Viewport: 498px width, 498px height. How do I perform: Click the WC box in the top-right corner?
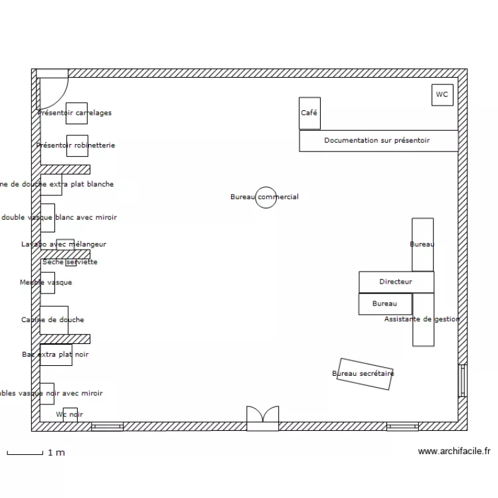[442, 95]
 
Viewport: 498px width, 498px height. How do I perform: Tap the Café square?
[309, 114]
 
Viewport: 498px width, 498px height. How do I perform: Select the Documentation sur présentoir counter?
[378, 141]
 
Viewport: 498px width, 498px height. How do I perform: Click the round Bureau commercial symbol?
[266, 197]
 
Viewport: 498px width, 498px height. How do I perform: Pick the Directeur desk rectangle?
[396, 282]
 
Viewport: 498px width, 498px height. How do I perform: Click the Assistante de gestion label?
[422, 319]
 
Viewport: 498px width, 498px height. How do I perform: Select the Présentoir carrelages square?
[76, 113]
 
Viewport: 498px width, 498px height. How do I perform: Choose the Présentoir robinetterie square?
[76, 145]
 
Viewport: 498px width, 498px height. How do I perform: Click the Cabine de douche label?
[53, 320]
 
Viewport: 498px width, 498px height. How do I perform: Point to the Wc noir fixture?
[70, 414]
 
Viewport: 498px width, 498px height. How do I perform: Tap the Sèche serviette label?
[70, 262]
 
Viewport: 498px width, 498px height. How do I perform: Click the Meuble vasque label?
[46, 283]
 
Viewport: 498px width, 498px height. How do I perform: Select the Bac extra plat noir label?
[55, 355]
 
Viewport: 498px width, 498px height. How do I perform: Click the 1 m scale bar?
[25, 453]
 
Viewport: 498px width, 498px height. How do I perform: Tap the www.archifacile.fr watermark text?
[454, 452]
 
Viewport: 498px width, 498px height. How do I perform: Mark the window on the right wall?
[463, 381]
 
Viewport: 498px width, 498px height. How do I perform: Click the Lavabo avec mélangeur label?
[64, 244]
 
